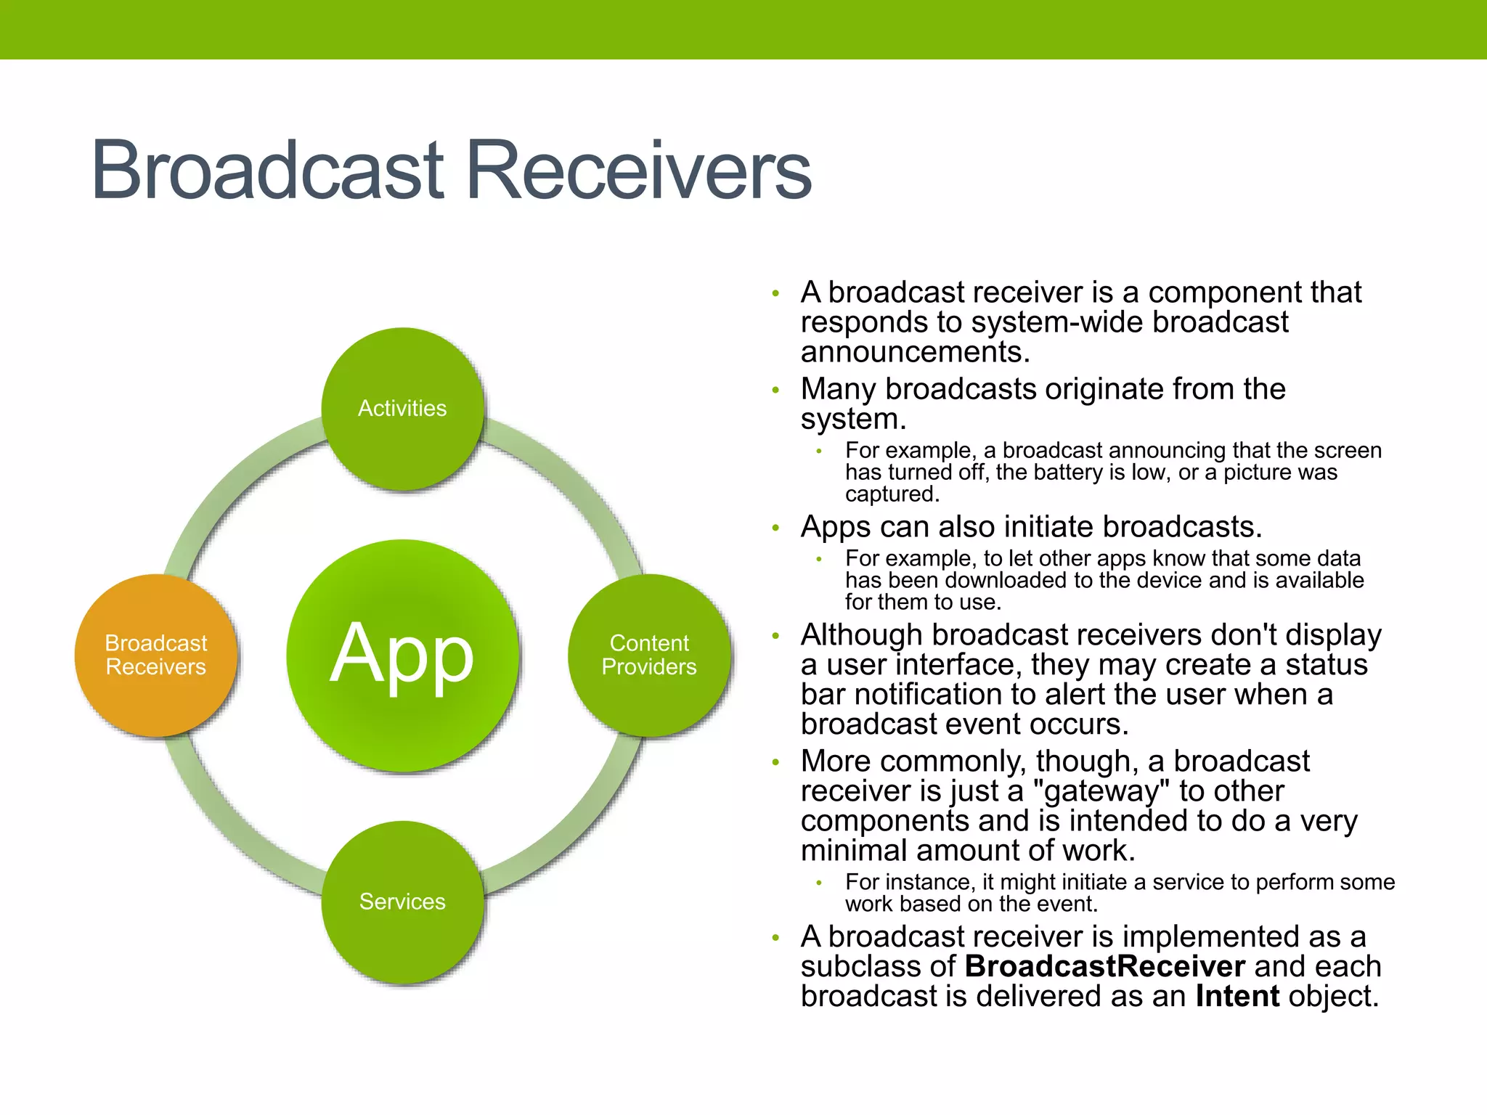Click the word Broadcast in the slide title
point(267,171)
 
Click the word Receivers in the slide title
point(639,171)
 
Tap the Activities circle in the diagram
point(402,409)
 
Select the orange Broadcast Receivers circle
point(155,655)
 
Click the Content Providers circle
point(648,655)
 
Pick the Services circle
point(402,902)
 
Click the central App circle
point(402,655)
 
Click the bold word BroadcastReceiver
point(1104,967)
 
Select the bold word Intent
point(1237,997)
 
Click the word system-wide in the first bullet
point(1057,322)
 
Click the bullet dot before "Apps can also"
point(775,528)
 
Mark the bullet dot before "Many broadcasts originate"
point(775,391)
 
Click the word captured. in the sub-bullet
point(892,495)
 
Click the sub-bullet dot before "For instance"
point(819,883)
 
